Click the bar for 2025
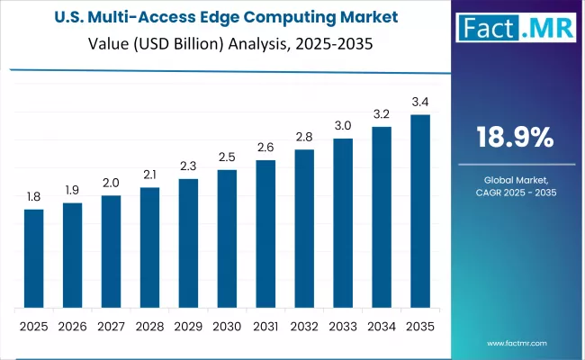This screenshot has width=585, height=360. [33, 257]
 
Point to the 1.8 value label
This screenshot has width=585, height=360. [33, 195]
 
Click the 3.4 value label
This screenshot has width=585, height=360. [420, 101]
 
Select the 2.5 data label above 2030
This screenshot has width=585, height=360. [227, 157]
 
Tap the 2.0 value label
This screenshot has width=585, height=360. [111, 182]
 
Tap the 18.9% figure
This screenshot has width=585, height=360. [514, 138]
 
